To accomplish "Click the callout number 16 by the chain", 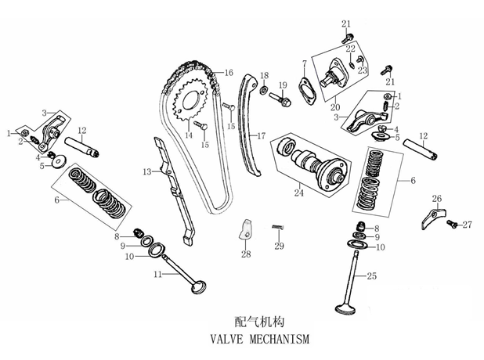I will tap(229, 73).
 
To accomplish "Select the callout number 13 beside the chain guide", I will tap(146, 171).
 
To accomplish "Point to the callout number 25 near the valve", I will tap(371, 276).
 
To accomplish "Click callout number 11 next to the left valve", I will tap(157, 274).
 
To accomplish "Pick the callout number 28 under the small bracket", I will tap(246, 255).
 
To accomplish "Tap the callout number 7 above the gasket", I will tap(302, 63).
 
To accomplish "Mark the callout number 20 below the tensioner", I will tap(335, 107).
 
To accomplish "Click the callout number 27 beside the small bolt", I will tap(467, 225).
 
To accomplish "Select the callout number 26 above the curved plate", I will tap(437, 198).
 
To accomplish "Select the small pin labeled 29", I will tap(277, 228).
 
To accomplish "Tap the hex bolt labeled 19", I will tap(282, 100).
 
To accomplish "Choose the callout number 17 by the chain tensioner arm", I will tap(262, 135).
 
